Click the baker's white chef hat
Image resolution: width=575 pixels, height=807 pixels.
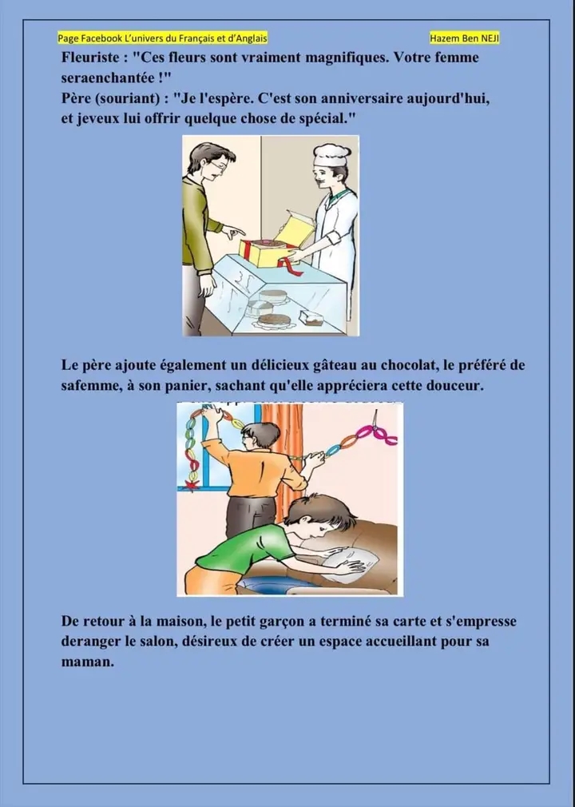pos(331,155)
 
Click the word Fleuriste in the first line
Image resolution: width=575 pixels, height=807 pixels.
pos(89,57)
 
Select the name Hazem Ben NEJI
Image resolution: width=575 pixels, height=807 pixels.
pos(465,38)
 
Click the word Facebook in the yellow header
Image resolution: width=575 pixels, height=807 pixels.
pos(101,38)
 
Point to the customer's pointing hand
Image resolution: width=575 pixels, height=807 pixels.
pos(233,232)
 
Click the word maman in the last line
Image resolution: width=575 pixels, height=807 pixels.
pos(87,662)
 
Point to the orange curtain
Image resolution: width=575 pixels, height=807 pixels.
pos(283,458)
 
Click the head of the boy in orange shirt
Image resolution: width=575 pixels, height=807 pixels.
pos(260,435)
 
